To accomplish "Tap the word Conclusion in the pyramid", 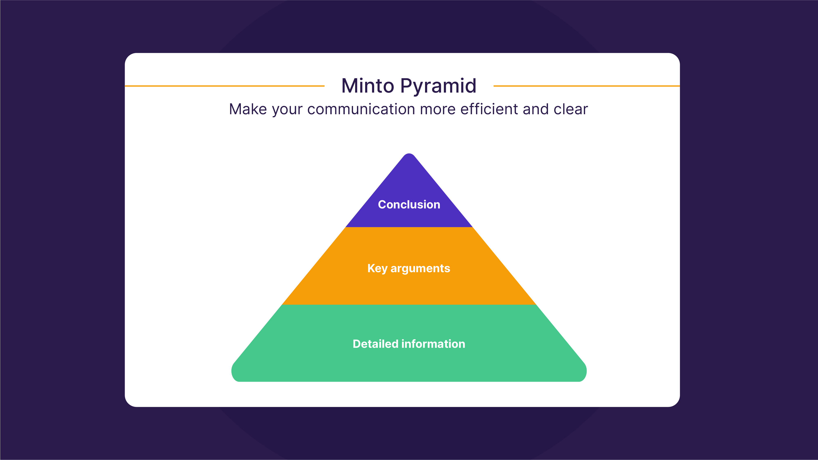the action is point(409,204).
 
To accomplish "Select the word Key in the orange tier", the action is point(377,269).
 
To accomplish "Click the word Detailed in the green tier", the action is point(375,344).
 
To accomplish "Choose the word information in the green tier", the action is point(433,344).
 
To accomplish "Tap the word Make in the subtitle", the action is point(248,109).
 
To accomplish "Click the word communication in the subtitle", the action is point(361,109).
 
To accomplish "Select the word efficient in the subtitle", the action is point(489,109).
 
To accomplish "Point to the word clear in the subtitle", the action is point(571,109).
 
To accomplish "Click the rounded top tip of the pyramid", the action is point(409,155).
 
